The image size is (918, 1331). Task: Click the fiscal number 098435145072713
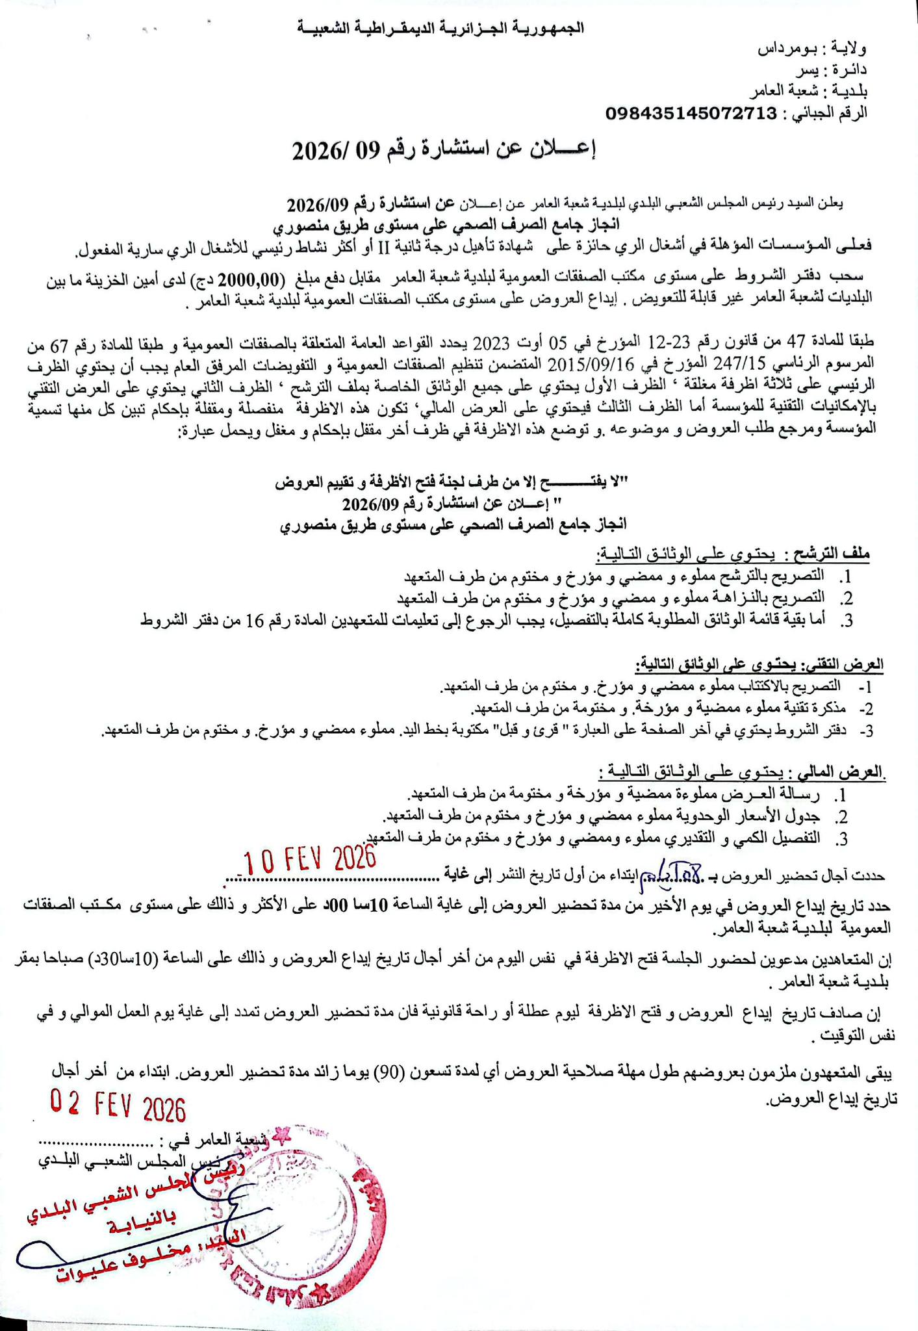pos(691,114)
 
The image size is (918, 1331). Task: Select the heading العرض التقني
pos(844,665)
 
